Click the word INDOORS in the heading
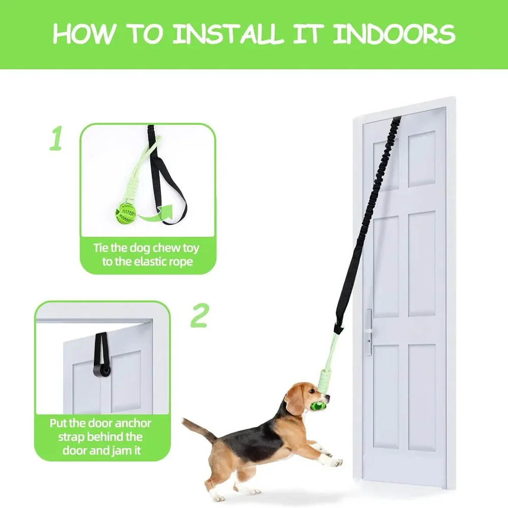point(394,34)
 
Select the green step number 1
point(56,138)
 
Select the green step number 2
point(199,315)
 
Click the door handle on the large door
point(369,332)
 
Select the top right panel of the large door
point(421,159)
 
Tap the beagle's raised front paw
point(334,462)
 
